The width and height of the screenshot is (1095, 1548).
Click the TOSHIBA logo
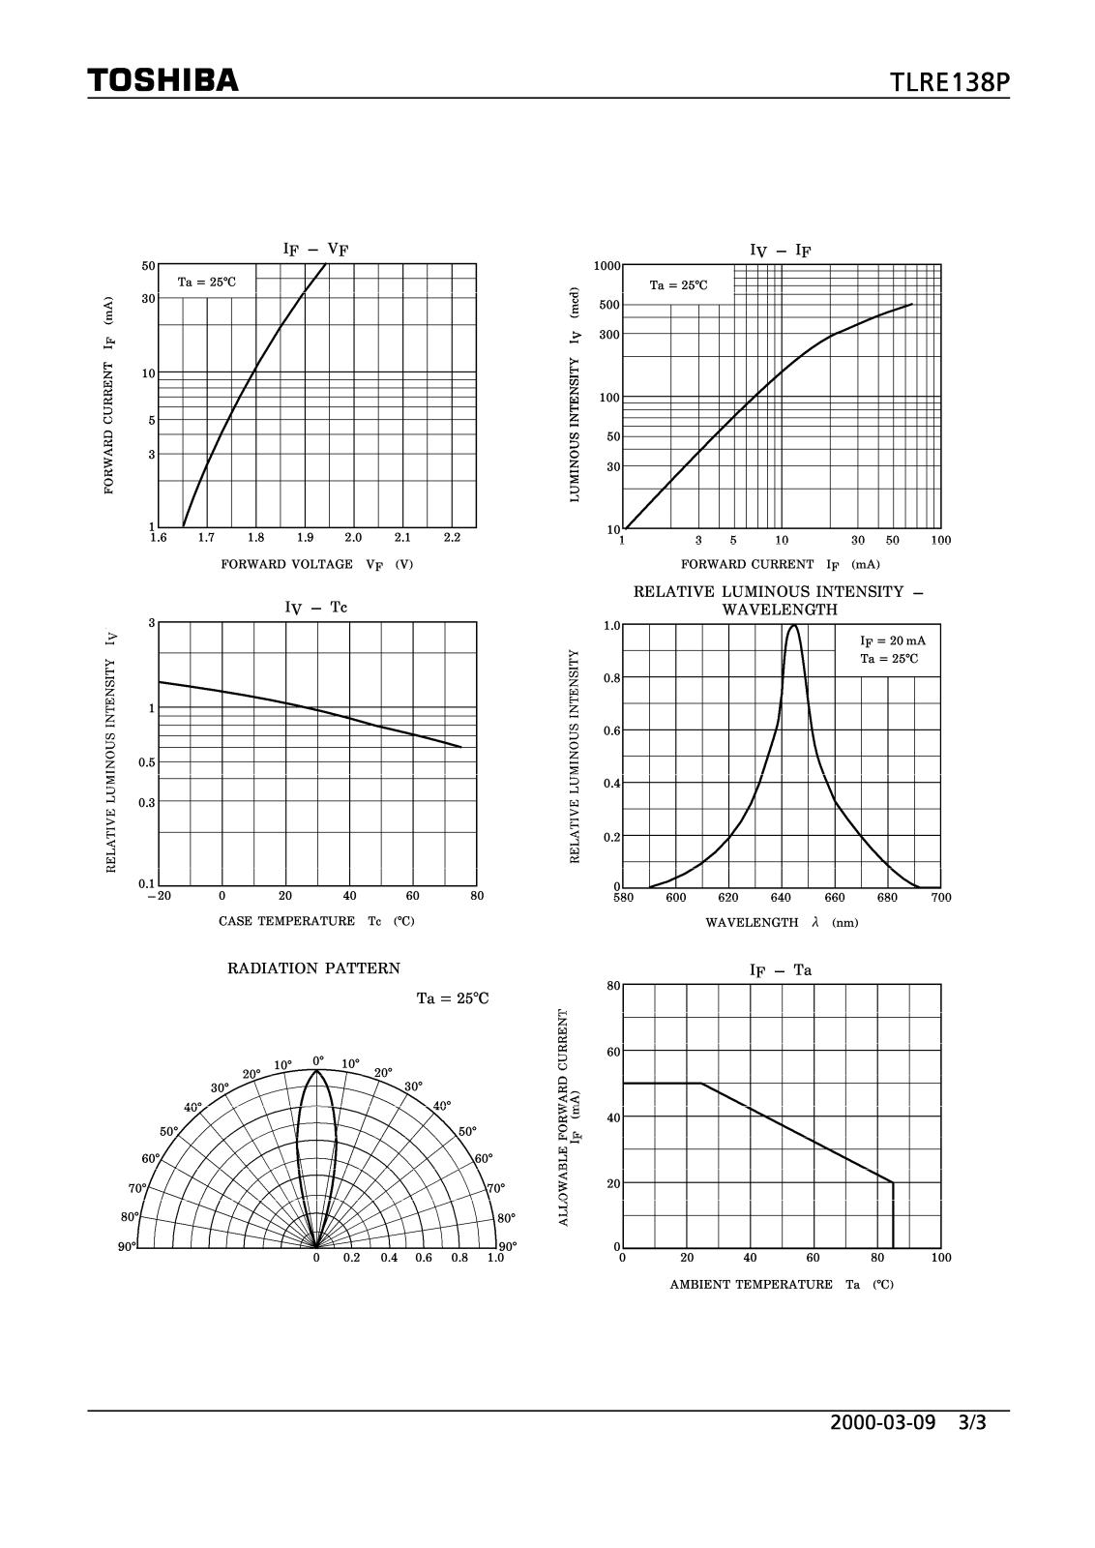click(163, 79)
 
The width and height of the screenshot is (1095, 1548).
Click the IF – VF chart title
click(315, 250)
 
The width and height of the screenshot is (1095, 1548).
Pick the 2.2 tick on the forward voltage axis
click(452, 537)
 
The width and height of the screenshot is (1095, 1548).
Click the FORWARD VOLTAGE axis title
click(316, 564)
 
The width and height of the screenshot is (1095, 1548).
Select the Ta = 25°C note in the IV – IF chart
click(678, 285)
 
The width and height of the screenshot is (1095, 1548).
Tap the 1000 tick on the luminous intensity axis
click(607, 266)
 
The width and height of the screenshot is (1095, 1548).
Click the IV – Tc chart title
click(315, 608)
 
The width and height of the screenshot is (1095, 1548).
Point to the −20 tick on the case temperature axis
click(159, 896)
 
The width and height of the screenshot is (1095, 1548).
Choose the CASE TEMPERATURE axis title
click(316, 921)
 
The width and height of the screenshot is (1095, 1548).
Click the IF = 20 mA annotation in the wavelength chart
click(892, 640)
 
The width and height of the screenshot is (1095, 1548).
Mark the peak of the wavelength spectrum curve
click(794, 625)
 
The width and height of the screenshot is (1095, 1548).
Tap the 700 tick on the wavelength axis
click(941, 898)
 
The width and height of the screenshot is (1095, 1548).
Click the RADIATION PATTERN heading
click(313, 968)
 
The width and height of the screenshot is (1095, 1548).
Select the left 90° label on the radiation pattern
click(127, 1247)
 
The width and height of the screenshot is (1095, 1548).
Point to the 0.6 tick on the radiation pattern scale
click(424, 1258)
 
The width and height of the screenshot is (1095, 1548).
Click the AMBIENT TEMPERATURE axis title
click(782, 1285)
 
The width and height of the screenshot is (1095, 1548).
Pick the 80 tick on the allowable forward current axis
click(613, 986)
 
